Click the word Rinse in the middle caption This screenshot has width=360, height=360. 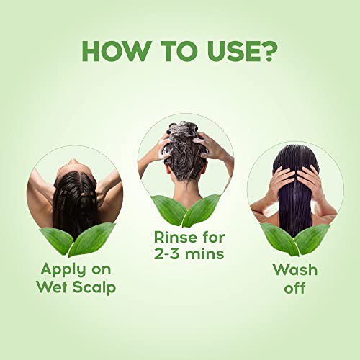pyautogui.click(x=171, y=236)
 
